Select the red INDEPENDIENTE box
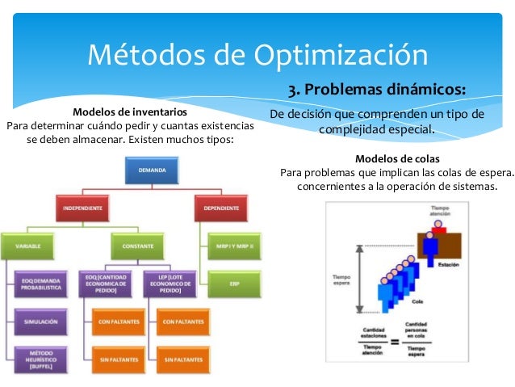[x=82, y=208]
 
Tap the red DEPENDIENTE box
[x=222, y=208]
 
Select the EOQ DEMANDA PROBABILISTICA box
[x=40, y=284]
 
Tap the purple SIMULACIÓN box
[x=40, y=321]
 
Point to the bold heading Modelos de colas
[x=397, y=158]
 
